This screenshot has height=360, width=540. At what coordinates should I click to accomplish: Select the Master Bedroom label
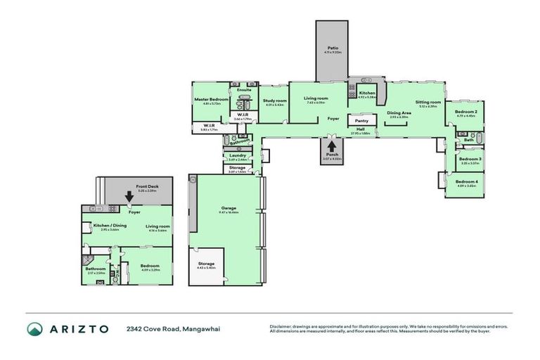click(x=212, y=100)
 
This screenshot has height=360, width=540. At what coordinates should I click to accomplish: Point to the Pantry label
click(x=363, y=121)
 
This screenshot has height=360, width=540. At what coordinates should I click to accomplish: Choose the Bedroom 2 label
click(x=465, y=112)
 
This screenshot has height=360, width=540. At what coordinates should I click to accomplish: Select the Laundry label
click(x=236, y=155)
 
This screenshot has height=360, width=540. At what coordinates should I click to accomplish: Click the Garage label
click(x=229, y=207)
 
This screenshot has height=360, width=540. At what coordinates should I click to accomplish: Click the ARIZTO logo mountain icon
click(x=35, y=328)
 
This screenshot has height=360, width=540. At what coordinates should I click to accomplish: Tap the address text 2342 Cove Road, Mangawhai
click(x=173, y=329)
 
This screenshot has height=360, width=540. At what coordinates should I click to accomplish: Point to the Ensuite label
click(x=244, y=91)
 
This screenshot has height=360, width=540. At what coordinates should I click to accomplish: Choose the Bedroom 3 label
click(x=470, y=159)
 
